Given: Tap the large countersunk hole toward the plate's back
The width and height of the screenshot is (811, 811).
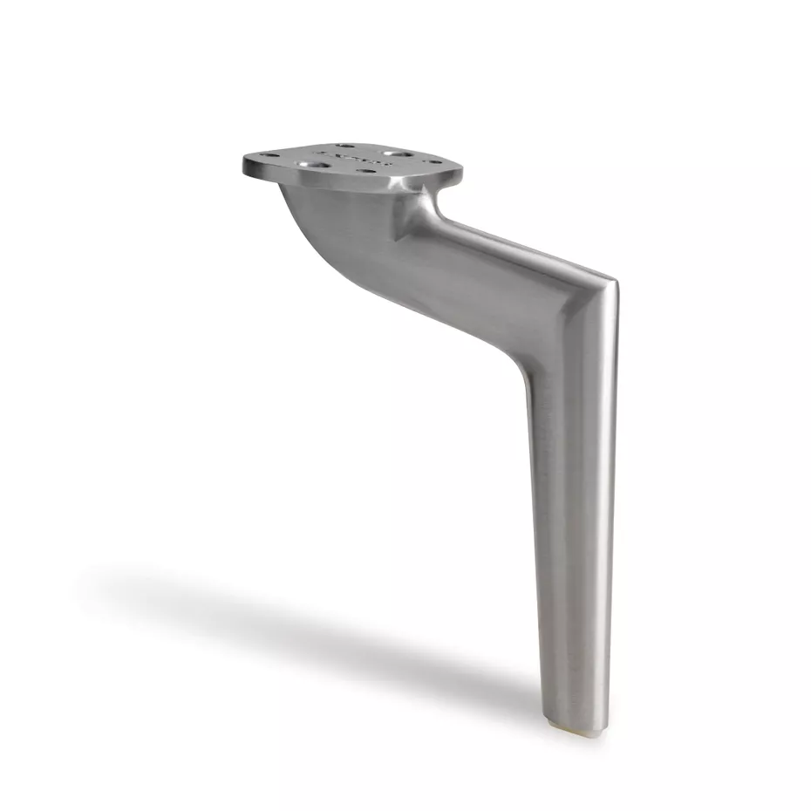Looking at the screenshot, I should click(400, 154).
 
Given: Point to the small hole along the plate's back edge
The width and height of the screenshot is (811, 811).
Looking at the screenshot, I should click(346, 147).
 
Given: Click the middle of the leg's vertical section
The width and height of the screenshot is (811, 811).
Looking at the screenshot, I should click(571, 506).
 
